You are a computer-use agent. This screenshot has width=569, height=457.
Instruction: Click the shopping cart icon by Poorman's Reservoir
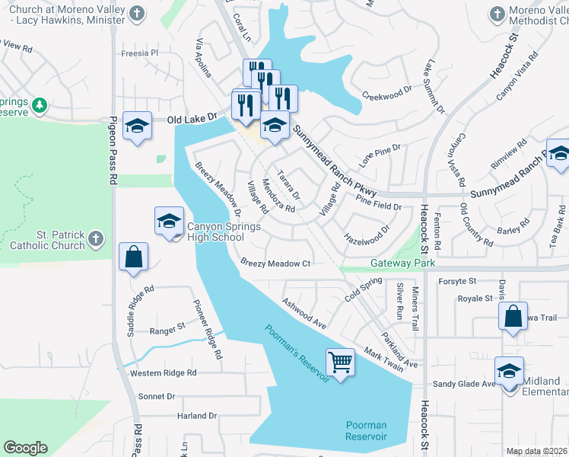340,362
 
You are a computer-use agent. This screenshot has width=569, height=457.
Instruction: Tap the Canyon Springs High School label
215,232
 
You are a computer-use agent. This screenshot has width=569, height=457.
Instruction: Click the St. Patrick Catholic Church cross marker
95,240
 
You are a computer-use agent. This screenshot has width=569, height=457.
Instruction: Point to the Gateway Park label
402,263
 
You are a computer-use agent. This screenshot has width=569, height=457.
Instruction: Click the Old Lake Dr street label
192,120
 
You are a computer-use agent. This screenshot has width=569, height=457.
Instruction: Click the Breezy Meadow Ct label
276,264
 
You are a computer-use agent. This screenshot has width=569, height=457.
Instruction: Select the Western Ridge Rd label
164,373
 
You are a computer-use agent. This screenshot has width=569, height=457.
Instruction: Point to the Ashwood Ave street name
304,313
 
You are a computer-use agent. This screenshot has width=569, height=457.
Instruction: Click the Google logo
25,448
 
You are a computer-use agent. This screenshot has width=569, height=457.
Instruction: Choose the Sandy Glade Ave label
464,385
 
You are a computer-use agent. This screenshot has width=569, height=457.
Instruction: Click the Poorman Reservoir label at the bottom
366,431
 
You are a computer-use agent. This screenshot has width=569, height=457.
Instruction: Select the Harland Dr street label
176,416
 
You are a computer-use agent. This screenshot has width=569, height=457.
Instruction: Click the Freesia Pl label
140,53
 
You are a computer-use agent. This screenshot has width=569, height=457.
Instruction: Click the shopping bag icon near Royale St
513,316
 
